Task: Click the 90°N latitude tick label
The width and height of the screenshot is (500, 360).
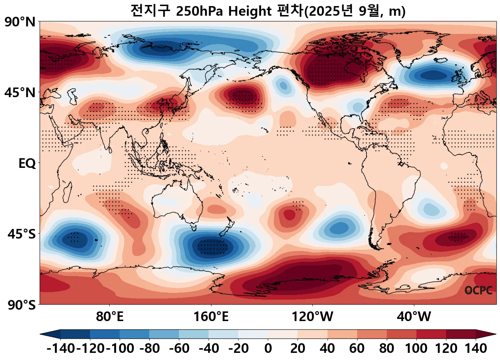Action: pyautogui.click(x=20, y=22)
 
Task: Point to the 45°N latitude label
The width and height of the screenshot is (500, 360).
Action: pyautogui.click(x=20, y=93)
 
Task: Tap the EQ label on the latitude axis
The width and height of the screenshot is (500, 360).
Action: pyautogui.click(x=27, y=164)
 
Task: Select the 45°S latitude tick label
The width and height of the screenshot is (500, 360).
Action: pyautogui.click(x=21, y=234)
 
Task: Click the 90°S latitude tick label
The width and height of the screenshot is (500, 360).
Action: pyautogui.click(x=21, y=305)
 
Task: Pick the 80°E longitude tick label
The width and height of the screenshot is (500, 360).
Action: pyautogui.click(x=110, y=316)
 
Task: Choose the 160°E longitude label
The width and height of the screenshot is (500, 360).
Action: pyautogui.click(x=211, y=316)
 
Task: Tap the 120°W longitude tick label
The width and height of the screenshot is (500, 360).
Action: pyautogui.click(x=312, y=316)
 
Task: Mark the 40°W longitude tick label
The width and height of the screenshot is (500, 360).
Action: pyautogui.click(x=414, y=316)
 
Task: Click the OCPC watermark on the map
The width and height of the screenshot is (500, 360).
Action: pyautogui.click(x=479, y=290)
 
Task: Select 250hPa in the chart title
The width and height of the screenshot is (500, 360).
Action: pyautogui.click(x=200, y=11)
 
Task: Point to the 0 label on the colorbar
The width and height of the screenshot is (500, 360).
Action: pyautogui.click(x=268, y=348)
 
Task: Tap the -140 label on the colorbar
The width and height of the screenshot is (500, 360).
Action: pyautogui.click(x=61, y=348)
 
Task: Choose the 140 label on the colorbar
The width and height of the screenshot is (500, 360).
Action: pyautogui.click(x=476, y=348)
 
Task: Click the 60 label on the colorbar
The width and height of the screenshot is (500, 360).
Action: pyautogui.click(x=357, y=348)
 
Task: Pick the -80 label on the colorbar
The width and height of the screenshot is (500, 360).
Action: pyautogui.click(x=150, y=348)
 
